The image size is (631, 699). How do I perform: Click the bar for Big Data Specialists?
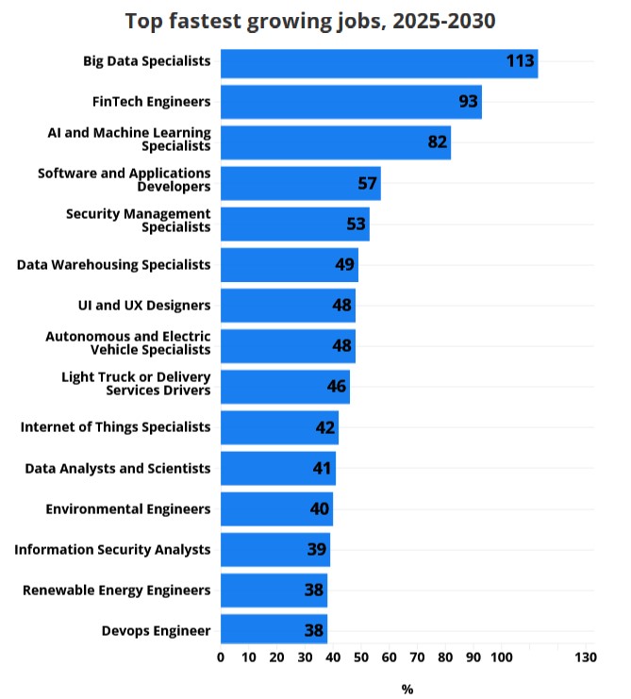pyautogui.click(x=378, y=63)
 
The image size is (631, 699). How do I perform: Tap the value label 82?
pyautogui.click(x=438, y=142)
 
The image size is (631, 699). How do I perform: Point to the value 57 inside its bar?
pyautogui.click(x=368, y=183)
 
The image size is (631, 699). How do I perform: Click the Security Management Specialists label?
pyautogui.click(x=139, y=221)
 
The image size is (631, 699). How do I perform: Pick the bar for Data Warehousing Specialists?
pyautogui.click(x=289, y=265)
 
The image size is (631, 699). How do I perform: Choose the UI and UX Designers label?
pyautogui.click(x=144, y=306)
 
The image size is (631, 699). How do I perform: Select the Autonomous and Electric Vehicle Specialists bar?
pyautogui.click(x=288, y=346)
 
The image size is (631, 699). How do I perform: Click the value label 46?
pyautogui.click(x=337, y=387)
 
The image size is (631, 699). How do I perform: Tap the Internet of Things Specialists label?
pyautogui.click(x=115, y=427)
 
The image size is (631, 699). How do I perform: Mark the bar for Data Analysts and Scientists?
pyautogui.click(x=277, y=468)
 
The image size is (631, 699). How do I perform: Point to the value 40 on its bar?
pyautogui.click(x=320, y=509)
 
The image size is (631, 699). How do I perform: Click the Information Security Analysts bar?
pyautogui.click(x=274, y=550)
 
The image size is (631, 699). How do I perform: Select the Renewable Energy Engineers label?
pyautogui.click(x=117, y=591)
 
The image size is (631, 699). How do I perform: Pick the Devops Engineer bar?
pyautogui.click(x=274, y=631)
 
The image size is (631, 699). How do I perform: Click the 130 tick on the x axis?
pyautogui.click(x=585, y=657)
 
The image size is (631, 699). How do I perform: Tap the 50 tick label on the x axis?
pyautogui.click(x=360, y=657)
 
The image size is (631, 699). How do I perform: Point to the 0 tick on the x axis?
pyautogui.click(x=221, y=657)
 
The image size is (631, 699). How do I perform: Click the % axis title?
pyautogui.click(x=407, y=690)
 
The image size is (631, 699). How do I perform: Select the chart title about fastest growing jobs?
pyautogui.click(x=310, y=21)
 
